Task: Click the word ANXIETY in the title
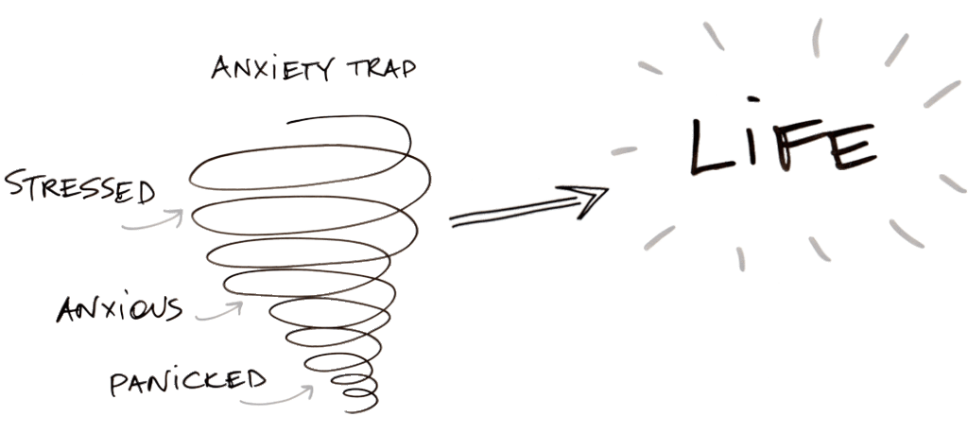[x=268, y=70]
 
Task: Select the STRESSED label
[x=78, y=186]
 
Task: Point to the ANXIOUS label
[x=119, y=309]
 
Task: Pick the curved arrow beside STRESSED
[x=156, y=221]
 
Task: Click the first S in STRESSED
[x=15, y=181]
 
